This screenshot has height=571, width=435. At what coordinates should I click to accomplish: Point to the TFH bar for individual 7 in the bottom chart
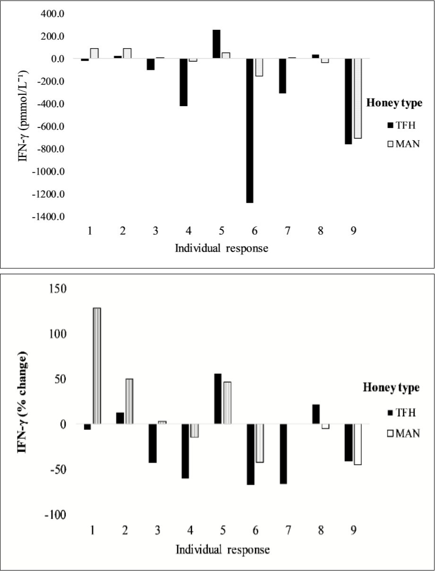point(283,453)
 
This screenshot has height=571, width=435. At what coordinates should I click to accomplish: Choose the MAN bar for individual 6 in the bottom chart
point(260,443)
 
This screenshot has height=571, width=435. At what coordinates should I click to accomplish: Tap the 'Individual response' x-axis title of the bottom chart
point(222,550)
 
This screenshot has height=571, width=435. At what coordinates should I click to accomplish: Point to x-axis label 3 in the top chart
point(154,231)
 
